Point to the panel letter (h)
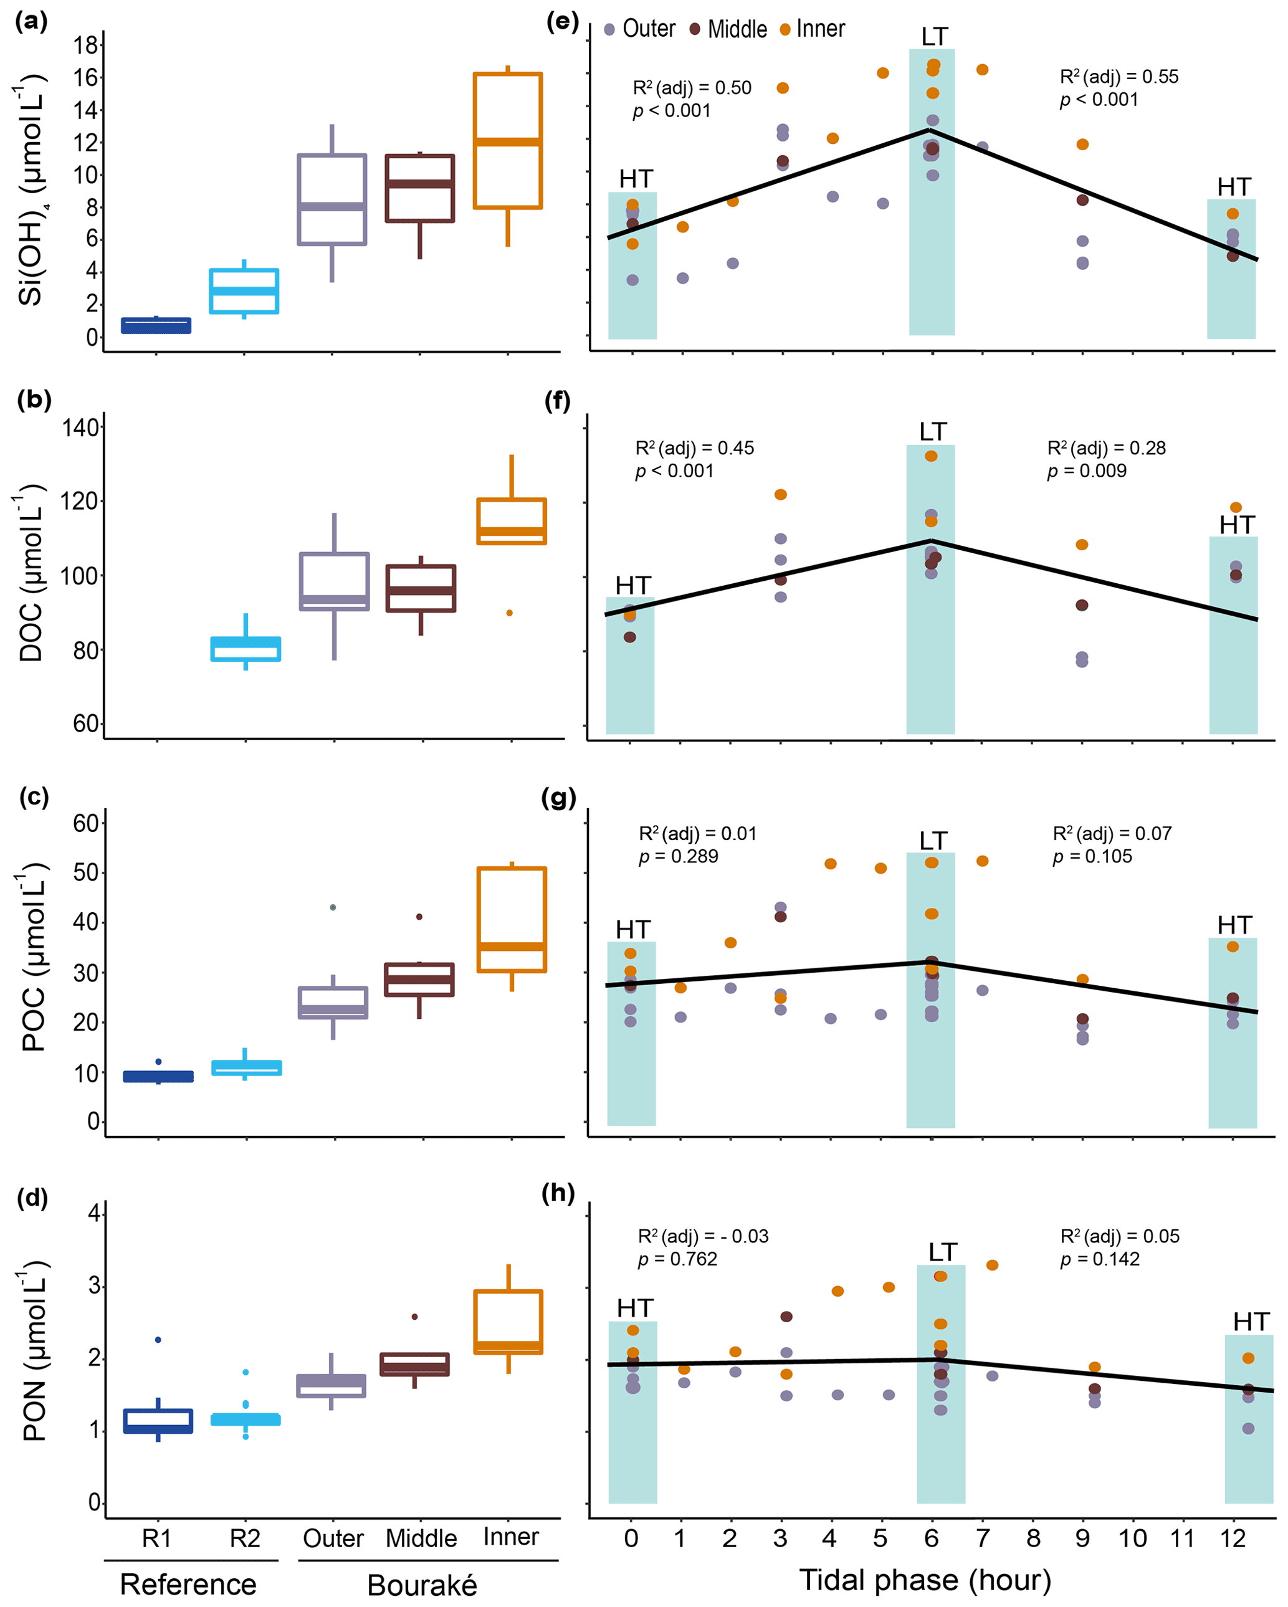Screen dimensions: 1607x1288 pos(558,1193)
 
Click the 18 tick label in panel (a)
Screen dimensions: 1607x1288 pos(86,45)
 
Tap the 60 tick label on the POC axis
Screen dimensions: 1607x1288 pos(86,823)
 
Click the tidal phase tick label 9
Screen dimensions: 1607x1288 pos(1082,1538)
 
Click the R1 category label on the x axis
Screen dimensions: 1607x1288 pos(156,1538)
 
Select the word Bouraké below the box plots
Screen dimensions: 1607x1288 pos(422,1585)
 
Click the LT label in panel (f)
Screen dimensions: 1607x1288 pos(932,432)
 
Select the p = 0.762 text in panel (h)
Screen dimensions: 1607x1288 pos(677,1259)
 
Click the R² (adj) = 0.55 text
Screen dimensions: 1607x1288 pos(1119,77)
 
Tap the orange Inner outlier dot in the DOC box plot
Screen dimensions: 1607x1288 pos(510,613)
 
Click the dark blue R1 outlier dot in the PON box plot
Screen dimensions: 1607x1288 pos(158,1340)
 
